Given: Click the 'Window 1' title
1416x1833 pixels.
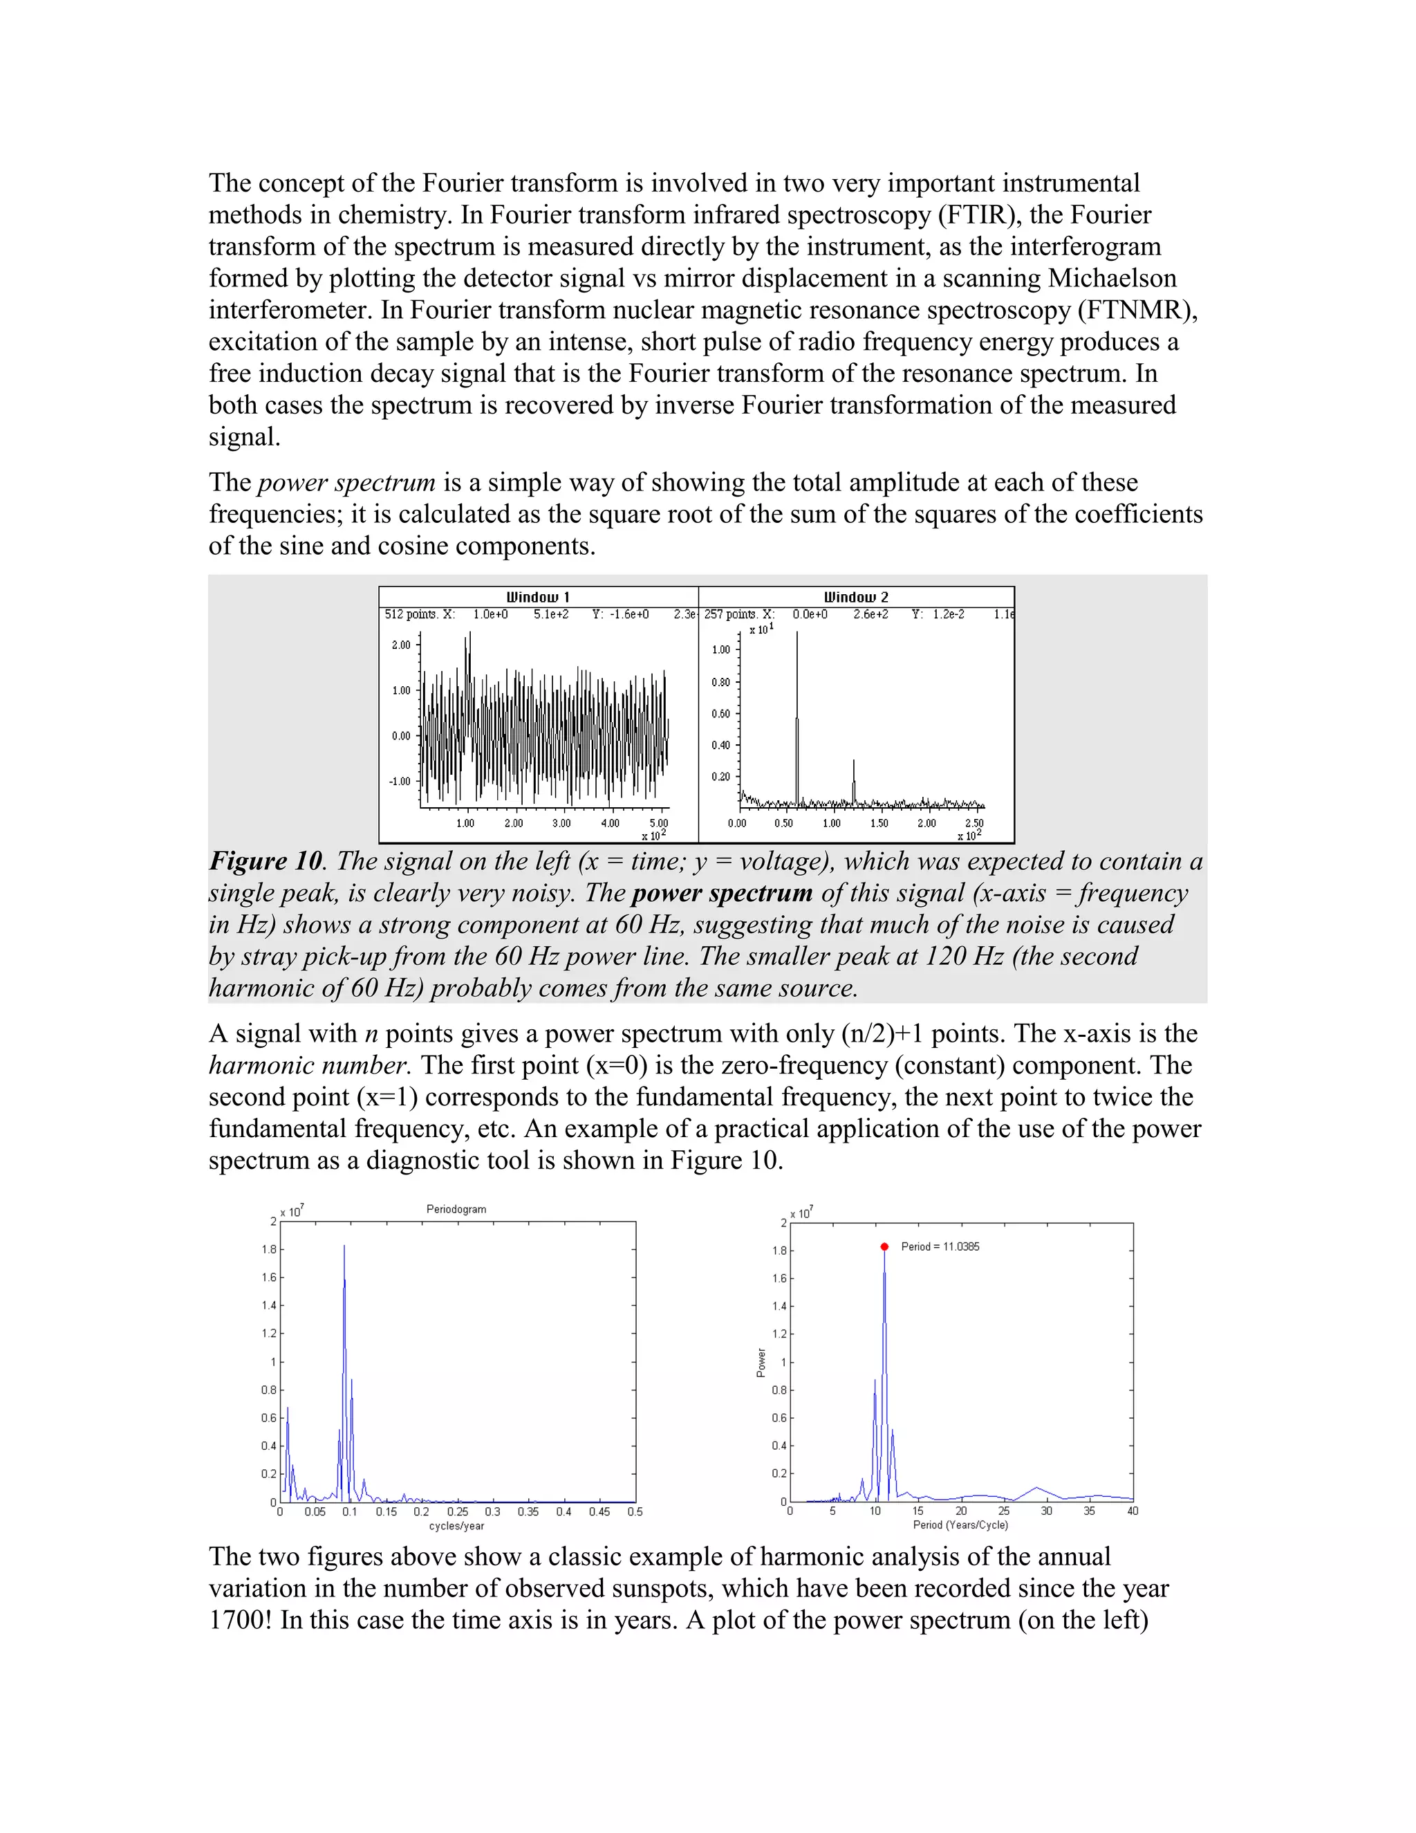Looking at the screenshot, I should [x=538, y=597].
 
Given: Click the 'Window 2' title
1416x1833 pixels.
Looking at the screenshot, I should [x=856, y=597].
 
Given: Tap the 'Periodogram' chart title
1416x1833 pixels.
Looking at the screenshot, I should [x=456, y=1209].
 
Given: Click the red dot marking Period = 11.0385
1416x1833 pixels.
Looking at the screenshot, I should [x=884, y=1247].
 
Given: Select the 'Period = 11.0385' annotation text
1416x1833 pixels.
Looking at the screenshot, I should [x=940, y=1246].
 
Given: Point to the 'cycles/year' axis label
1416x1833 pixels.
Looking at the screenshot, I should [x=456, y=1526].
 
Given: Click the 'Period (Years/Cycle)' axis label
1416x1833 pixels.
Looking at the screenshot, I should [x=960, y=1525].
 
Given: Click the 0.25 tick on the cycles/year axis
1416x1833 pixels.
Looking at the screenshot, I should [x=457, y=1511].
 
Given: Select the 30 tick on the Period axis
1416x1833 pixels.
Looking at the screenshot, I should [x=1046, y=1511].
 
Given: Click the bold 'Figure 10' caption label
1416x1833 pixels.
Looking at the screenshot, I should [x=265, y=861].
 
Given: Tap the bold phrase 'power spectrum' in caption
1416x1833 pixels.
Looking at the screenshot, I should [x=721, y=893].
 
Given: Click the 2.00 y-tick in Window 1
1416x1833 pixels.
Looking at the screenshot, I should [x=401, y=645].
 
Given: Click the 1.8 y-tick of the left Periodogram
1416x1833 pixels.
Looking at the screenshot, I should [x=268, y=1250].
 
